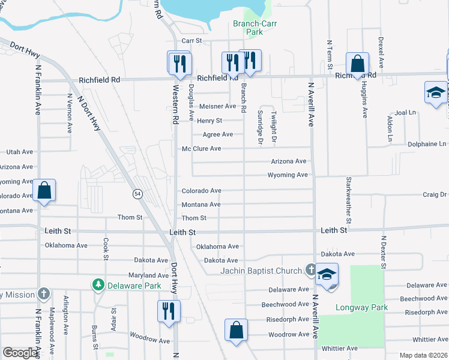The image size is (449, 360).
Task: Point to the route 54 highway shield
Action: pos(137,194)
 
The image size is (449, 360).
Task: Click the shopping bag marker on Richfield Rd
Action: pos(357,64)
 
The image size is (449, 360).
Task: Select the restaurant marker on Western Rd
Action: pos(179,62)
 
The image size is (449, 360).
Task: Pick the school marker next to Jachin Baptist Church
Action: pos(327,275)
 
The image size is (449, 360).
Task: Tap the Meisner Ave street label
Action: pos(217,106)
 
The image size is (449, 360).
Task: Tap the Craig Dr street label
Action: pos(435,194)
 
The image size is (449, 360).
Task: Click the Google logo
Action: pos(20,352)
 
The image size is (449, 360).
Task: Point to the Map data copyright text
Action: pos(423,355)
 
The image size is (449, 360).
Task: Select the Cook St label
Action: pos(106,246)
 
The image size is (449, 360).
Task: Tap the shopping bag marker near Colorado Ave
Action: pos(44,190)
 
